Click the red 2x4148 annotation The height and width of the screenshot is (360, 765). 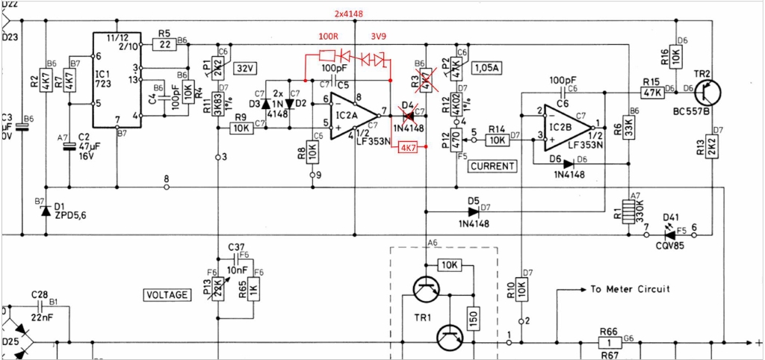351,14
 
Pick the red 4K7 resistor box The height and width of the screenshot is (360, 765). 408,147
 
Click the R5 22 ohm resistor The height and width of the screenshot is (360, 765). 164,44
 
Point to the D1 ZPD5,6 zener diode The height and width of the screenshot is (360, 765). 46,211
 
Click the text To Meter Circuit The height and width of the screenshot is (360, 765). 630,289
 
